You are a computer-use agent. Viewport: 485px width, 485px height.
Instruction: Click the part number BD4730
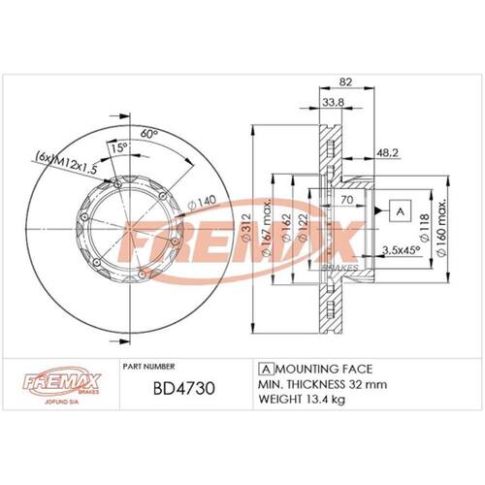(x=183, y=389)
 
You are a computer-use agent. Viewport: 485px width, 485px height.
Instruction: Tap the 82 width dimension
(x=345, y=82)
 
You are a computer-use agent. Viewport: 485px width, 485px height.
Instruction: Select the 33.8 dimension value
(x=334, y=102)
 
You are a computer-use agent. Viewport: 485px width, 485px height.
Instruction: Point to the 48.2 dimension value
(x=388, y=152)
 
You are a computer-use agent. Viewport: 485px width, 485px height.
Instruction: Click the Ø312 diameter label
(x=246, y=227)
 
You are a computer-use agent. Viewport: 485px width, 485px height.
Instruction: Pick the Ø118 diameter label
(x=424, y=227)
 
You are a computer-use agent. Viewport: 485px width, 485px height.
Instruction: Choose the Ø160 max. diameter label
(x=441, y=228)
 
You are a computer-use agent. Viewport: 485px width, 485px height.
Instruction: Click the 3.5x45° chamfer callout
(x=401, y=249)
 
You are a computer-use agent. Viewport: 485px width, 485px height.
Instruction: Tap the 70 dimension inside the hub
(x=347, y=200)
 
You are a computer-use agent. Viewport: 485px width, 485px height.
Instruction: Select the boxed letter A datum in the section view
(x=401, y=211)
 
